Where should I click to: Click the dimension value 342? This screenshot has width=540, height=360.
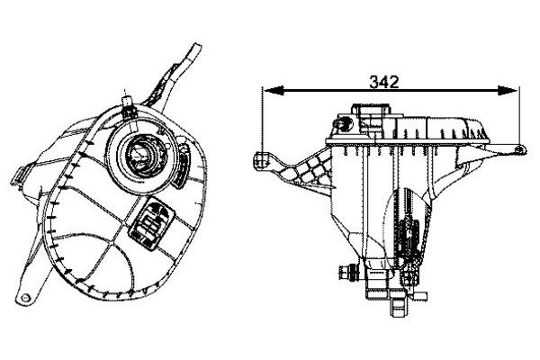click(x=384, y=82)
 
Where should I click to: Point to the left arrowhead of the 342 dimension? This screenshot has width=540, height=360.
click(x=274, y=91)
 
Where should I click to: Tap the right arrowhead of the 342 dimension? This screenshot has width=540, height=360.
click(x=508, y=91)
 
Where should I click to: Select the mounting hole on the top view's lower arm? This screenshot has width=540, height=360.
click(x=25, y=298)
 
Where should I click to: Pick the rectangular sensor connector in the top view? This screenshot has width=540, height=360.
click(x=151, y=222)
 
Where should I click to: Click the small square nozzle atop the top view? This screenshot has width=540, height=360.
click(x=128, y=101)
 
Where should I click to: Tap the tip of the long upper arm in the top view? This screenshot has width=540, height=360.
click(x=196, y=45)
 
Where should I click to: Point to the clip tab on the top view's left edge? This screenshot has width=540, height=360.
click(x=18, y=175)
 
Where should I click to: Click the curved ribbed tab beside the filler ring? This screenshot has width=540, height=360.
click(x=182, y=162)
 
